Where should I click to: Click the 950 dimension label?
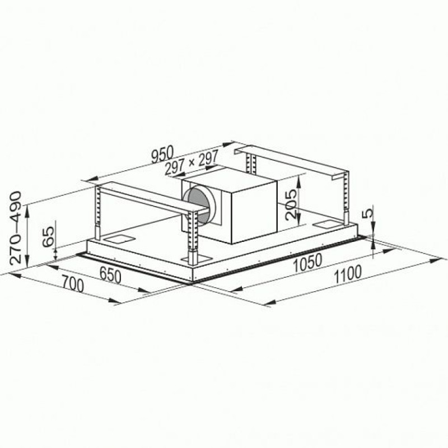tap(162, 155)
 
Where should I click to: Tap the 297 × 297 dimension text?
tap(192, 162)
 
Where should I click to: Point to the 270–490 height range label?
tap(16, 228)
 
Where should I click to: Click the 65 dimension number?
tap(48, 236)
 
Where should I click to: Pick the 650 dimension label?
tap(110, 276)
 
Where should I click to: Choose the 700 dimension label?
tap(73, 284)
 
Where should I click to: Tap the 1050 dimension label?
tap(308, 262)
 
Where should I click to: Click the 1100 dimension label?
tap(348, 274)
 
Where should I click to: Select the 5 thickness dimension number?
tap(368, 213)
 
